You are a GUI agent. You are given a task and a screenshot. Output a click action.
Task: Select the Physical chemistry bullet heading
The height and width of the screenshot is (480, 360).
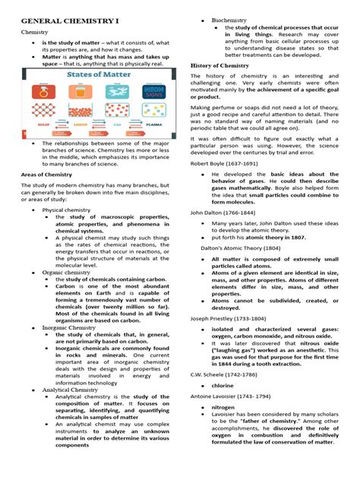coord(68,229)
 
